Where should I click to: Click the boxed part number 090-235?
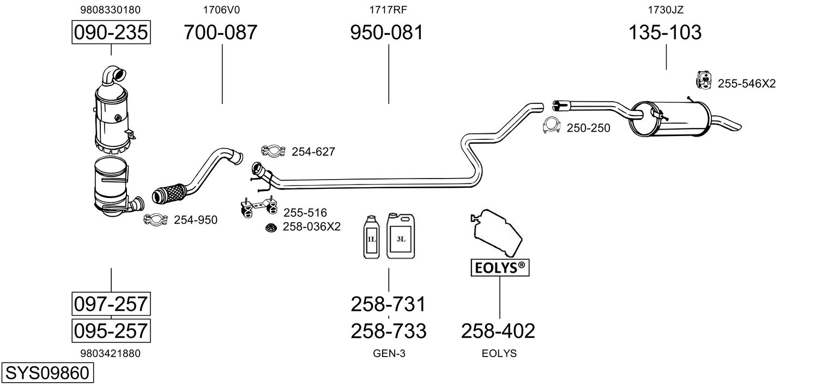111,32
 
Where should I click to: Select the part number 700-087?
220,32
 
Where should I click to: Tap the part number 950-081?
387,32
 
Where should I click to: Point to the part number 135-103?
665,32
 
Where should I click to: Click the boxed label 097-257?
111,304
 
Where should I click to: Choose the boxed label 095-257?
111,330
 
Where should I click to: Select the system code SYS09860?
47,373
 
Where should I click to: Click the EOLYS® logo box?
500,268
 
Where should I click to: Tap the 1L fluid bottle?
371,237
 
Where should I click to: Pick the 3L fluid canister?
401,236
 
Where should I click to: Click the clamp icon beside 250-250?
552,125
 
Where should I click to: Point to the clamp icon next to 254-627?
273,151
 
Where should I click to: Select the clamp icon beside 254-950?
156,219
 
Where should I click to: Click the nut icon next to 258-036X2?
271,227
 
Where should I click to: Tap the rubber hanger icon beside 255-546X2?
704,81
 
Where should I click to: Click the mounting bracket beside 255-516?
258,207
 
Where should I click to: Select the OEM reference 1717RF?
388,10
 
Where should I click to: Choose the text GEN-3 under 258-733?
389,353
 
